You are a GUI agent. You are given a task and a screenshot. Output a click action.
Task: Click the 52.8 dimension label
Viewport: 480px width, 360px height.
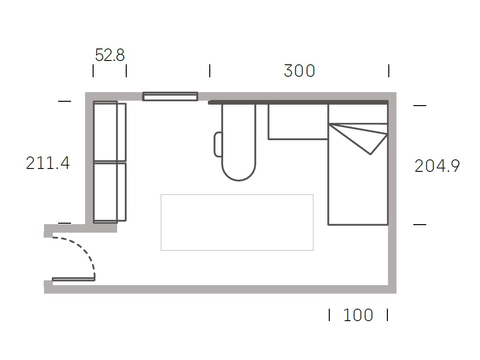[109, 55]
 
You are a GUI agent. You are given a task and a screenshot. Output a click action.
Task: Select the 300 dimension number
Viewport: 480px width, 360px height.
[300, 71]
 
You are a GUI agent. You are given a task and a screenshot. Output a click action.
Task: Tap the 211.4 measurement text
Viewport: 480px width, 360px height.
[48, 163]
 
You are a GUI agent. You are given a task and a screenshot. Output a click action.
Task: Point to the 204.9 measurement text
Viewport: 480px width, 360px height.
[437, 166]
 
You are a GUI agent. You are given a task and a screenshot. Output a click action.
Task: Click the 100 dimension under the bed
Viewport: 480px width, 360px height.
[358, 315]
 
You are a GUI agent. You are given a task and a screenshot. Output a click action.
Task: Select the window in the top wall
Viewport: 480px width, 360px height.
[170, 96]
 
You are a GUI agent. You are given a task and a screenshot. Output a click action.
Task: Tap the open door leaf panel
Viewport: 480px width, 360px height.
[73, 279]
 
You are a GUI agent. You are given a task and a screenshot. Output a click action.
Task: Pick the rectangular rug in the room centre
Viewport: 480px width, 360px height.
[237, 223]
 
